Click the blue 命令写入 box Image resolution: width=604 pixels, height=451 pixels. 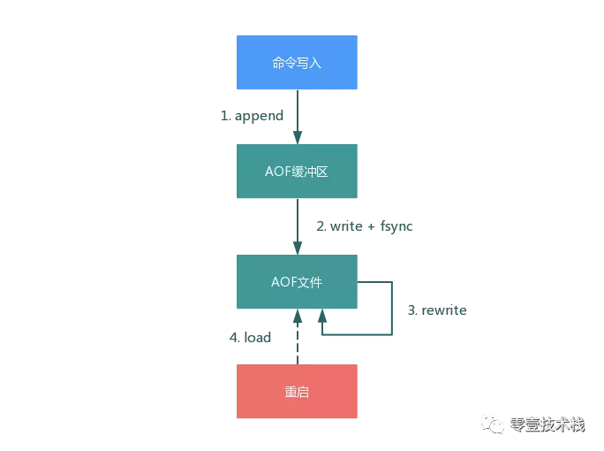click(x=297, y=63)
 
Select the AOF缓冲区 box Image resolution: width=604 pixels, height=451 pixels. click(x=297, y=172)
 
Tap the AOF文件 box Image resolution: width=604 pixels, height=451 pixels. click(x=297, y=282)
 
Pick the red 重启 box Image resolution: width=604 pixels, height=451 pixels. click(x=297, y=391)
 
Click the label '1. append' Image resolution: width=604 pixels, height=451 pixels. click(x=252, y=116)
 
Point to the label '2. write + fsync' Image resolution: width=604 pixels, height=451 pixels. click(x=365, y=226)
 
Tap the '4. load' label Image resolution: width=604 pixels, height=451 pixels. click(x=250, y=337)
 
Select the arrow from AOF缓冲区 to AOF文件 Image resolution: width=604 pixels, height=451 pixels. click(x=298, y=225)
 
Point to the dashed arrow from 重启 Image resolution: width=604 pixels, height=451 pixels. click(x=298, y=340)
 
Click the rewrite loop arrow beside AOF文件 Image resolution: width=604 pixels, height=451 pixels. click(x=391, y=310)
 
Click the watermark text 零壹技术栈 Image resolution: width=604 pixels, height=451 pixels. click(x=547, y=424)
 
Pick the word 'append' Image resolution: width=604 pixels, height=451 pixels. click(x=259, y=116)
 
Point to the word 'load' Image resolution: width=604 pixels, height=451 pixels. click(x=257, y=337)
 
